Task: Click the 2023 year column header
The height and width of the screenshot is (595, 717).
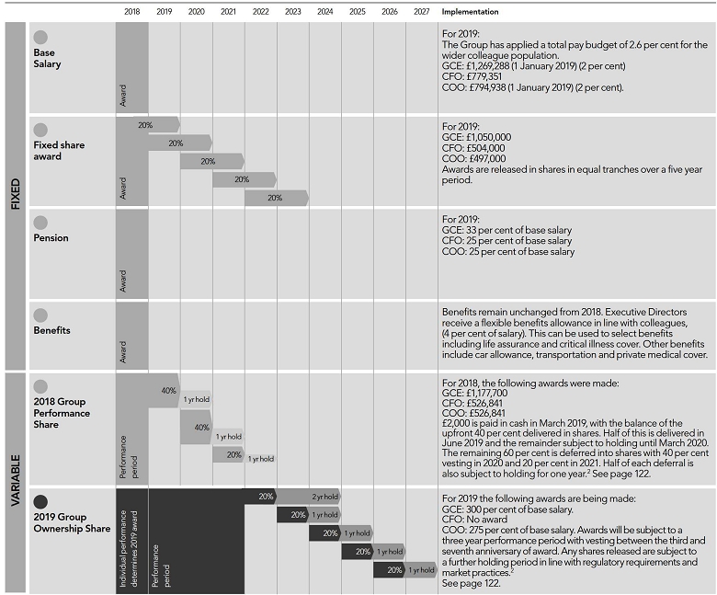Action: pos(292,12)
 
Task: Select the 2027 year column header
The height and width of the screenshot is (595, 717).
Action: pos(421,12)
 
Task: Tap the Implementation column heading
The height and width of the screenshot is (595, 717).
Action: pos(470,12)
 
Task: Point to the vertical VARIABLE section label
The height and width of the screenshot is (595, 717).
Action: pos(14,482)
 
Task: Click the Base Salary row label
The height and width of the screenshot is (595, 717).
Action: pos(44,58)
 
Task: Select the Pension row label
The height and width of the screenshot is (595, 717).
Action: pos(51,238)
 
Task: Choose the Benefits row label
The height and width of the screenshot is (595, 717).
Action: pos(51,330)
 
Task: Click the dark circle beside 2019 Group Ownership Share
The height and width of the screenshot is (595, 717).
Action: pos(40,501)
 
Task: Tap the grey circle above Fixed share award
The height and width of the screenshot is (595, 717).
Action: pos(40,130)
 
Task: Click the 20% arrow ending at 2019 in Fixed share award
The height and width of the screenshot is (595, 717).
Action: pos(162,124)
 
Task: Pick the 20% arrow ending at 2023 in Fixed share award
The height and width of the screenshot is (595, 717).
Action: pos(276,198)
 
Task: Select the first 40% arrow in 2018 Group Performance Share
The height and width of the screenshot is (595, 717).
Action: pos(165,391)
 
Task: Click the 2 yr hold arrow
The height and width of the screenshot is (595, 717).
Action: pos(323,497)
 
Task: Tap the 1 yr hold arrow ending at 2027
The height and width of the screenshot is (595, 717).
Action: pos(421,570)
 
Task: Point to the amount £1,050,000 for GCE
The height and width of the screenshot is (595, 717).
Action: pos(489,137)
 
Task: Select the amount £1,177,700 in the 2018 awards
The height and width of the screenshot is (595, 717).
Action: pos(488,393)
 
